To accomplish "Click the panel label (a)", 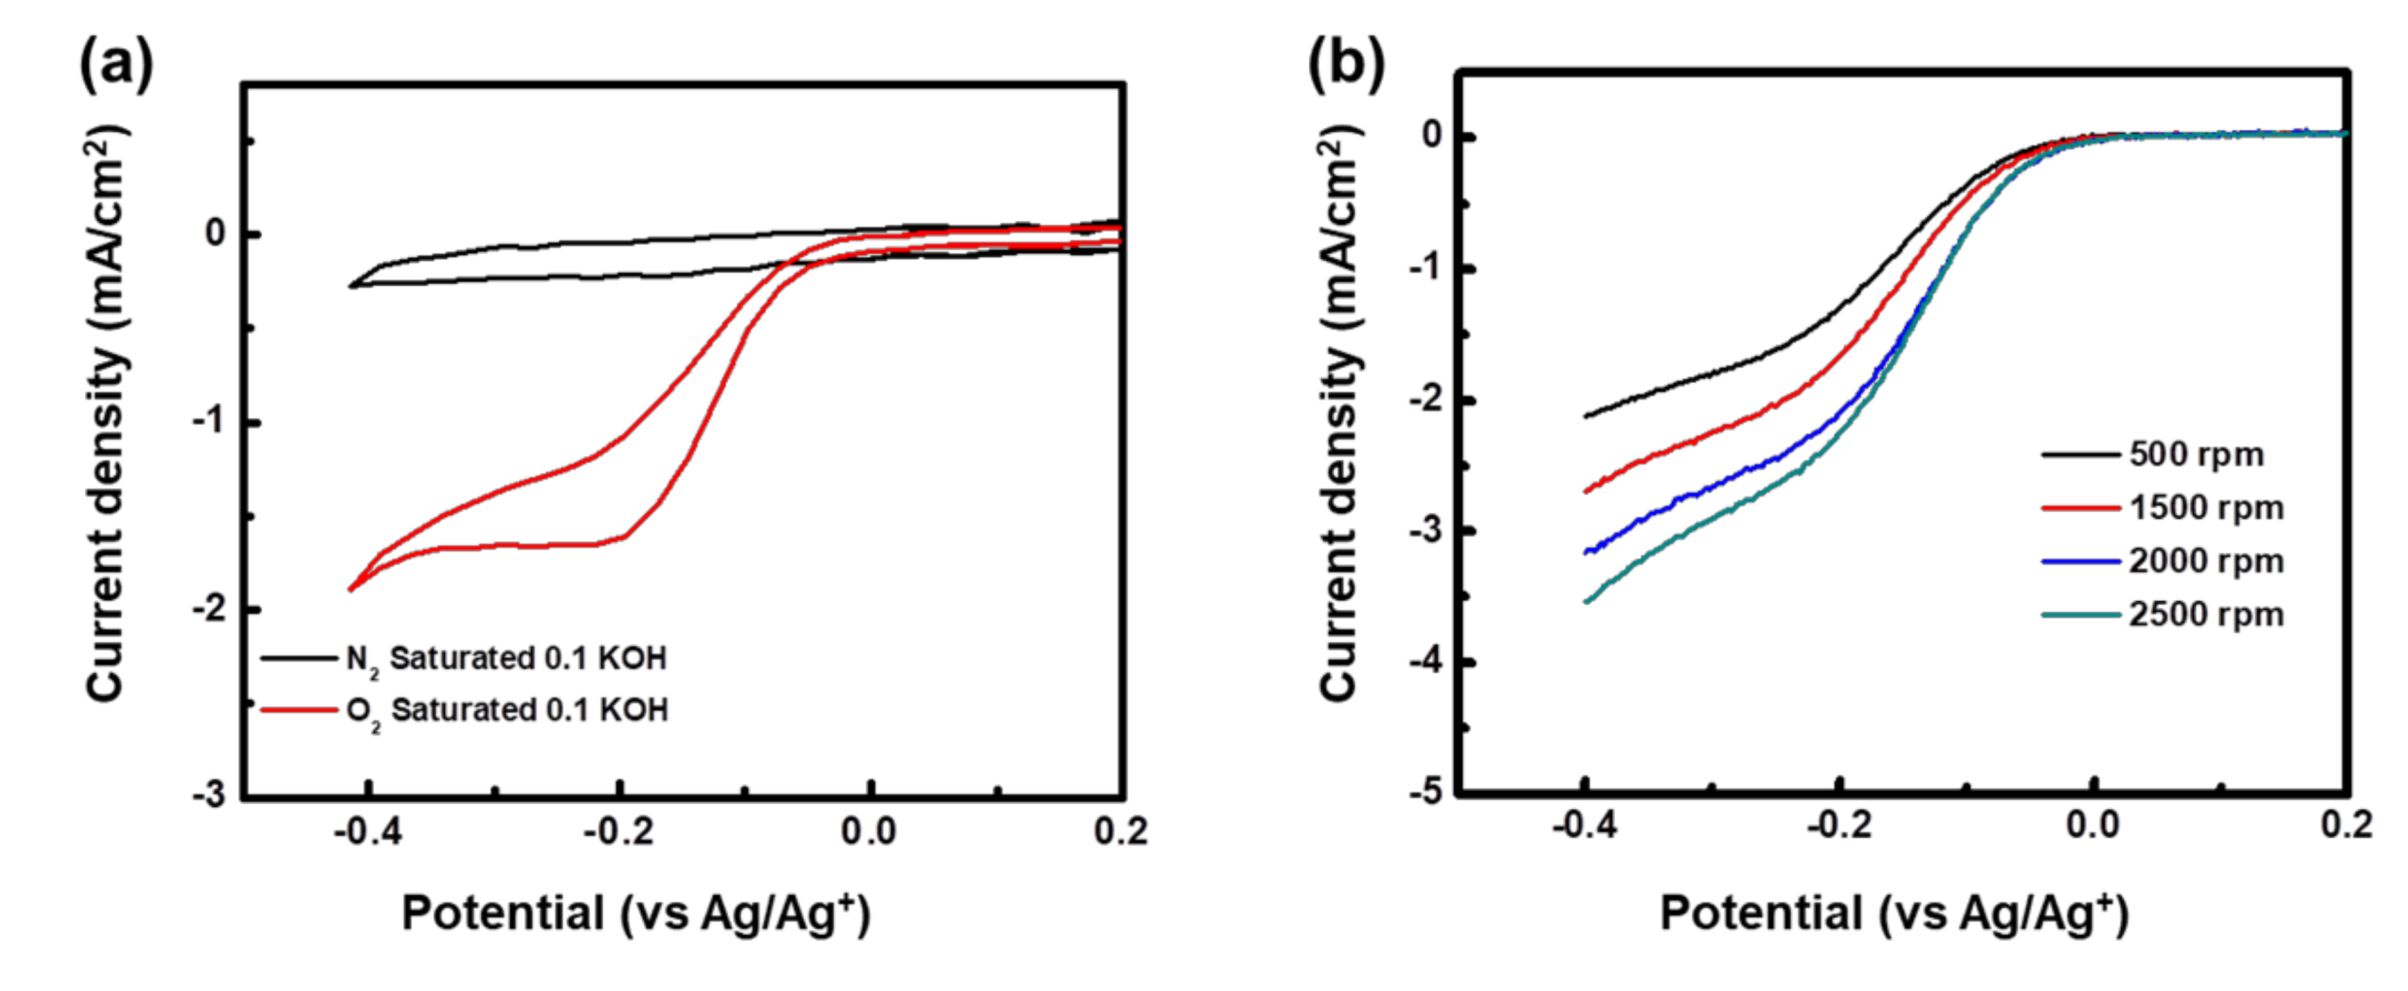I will pyautogui.click(x=116, y=65).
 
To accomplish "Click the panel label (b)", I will pyautogui.click(x=1346, y=65).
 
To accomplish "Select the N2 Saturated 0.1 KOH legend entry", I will pyautogui.click(x=505, y=658).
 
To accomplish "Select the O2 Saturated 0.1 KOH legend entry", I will pyautogui.click(x=506, y=711).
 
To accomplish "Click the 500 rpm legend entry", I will pyautogui.click(x=2195, y=455).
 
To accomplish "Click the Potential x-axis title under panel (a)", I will pyautogui.click(x=635, y=913).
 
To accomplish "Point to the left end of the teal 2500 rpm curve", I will pyautogui.click(x=1587, y=601).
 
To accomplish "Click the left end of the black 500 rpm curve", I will pyautogui.click(x=1587, y=416).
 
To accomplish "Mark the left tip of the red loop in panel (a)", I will pyautogui.click(x=350, y=589).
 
